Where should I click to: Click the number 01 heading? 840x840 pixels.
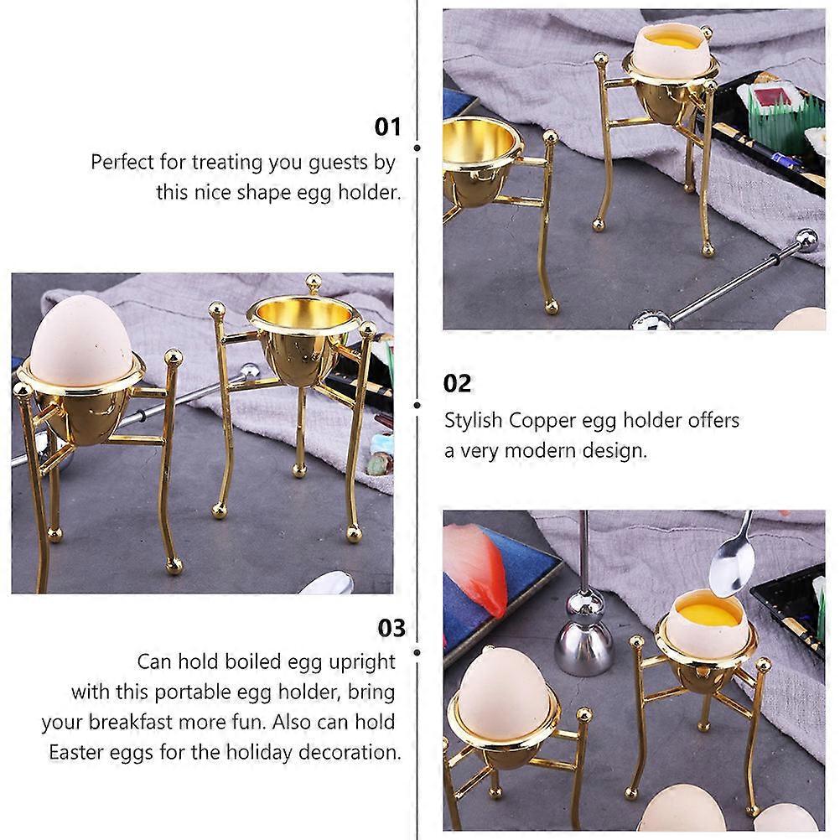[x=387, y=127]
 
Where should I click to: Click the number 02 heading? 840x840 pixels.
[x=457, y=384]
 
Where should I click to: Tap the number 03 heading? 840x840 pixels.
[x=391, y=628]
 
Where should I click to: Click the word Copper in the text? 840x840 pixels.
[x=542, y=421]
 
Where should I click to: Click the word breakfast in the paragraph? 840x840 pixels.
[x=130, y=722]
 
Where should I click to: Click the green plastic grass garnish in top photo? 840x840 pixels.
[x=784, y=121]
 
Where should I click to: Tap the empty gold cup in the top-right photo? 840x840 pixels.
[x=480, y=161]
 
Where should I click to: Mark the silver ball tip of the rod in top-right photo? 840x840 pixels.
[x=805, y=241]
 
